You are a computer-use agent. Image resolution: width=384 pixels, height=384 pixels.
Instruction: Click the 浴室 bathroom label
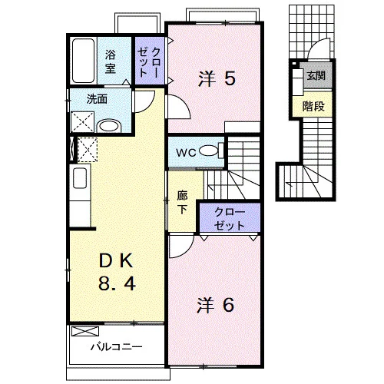[111, 61]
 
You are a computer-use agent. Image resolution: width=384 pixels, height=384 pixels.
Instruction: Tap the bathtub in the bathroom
[83, 61]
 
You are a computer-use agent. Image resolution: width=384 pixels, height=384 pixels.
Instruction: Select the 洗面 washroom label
[97, 99]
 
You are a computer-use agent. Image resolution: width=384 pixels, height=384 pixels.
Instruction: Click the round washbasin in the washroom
[109, 126]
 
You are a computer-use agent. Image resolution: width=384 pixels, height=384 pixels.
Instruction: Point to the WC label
[186, 153]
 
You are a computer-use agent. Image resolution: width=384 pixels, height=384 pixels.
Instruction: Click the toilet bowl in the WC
[208, 151]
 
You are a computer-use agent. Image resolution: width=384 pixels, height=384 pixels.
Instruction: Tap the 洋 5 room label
[217, 78]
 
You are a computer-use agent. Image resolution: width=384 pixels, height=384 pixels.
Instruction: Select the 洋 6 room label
[215, 305]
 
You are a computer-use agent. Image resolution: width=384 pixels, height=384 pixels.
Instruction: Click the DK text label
[116, 261]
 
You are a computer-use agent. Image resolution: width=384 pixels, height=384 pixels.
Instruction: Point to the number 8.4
[117, 283]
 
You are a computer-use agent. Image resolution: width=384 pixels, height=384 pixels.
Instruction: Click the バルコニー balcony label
[117, 347]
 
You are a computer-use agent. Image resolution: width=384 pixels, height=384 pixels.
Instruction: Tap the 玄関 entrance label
[316, 75]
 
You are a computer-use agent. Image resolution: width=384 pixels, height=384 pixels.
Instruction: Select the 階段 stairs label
[313, 106]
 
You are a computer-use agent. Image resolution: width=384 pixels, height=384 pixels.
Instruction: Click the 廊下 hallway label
[182, 202]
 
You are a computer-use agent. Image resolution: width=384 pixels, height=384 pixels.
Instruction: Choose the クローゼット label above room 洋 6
[230, 219]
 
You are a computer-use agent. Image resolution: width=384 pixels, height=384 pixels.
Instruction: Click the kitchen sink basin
[80, 178]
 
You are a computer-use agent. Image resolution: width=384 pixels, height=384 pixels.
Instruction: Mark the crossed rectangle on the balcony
[85, 331]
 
